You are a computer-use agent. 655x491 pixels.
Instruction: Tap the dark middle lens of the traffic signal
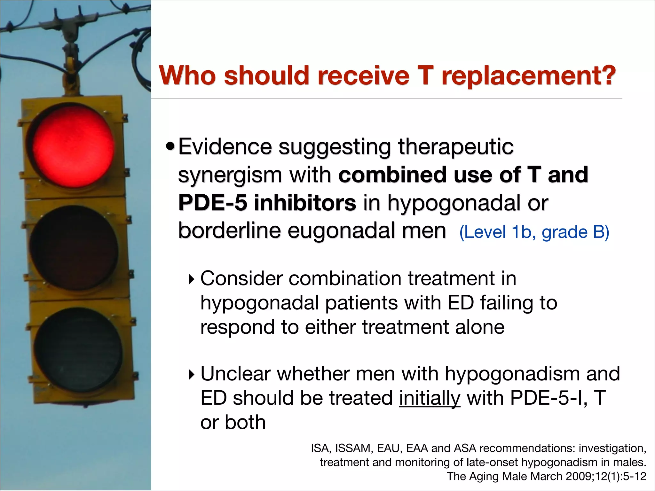coord(74,248)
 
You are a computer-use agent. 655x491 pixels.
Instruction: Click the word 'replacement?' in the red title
coord(528,76)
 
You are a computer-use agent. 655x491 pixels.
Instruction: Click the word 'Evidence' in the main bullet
coord(225,147)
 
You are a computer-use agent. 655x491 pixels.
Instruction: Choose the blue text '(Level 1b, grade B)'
coord(534,232)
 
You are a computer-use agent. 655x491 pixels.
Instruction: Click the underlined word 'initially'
coord(430,398)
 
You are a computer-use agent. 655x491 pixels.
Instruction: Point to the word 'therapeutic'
coord(455,147)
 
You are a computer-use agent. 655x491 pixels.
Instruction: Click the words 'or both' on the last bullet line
coord(233,422)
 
